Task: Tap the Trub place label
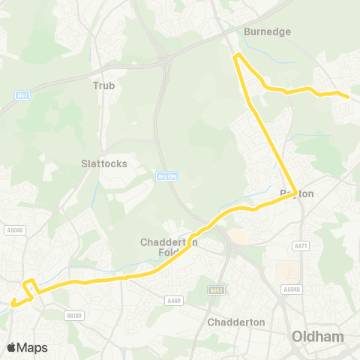pos(103,85)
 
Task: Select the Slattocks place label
pos(104,163)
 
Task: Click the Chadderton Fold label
pos(169,247)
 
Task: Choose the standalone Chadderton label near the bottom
pos(236,322)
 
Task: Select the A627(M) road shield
pos(167,176)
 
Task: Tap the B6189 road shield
pos(73,315)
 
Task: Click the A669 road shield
pos(175,300)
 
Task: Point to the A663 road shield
pos(217,289)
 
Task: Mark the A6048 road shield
pos(291,289)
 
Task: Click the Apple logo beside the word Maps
pos(11,347)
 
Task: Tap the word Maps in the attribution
pos(32,347)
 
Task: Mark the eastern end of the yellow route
pos(348,97)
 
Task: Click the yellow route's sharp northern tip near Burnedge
pos(238,55)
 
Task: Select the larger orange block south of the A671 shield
pos(285,271)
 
